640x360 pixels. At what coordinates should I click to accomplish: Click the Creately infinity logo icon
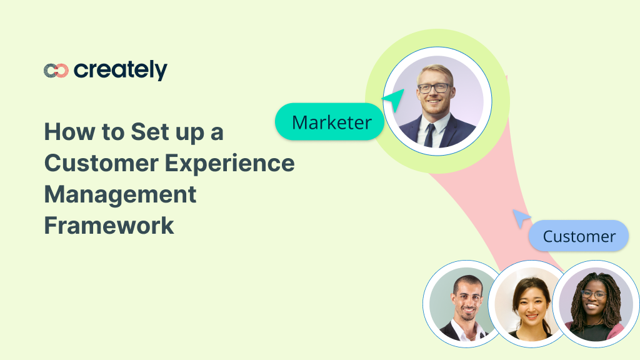[56, 71]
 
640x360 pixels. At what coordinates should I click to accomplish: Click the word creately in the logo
[121, 71]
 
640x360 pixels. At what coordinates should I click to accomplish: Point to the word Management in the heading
[120, 194]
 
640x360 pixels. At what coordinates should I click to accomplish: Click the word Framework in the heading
[109, 225]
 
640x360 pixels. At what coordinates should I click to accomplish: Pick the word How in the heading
[66, 132]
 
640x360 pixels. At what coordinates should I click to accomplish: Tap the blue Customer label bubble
[578, 236]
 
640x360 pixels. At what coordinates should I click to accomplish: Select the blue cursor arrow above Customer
[520, 217]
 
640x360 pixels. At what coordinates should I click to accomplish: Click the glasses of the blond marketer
[435, 88]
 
